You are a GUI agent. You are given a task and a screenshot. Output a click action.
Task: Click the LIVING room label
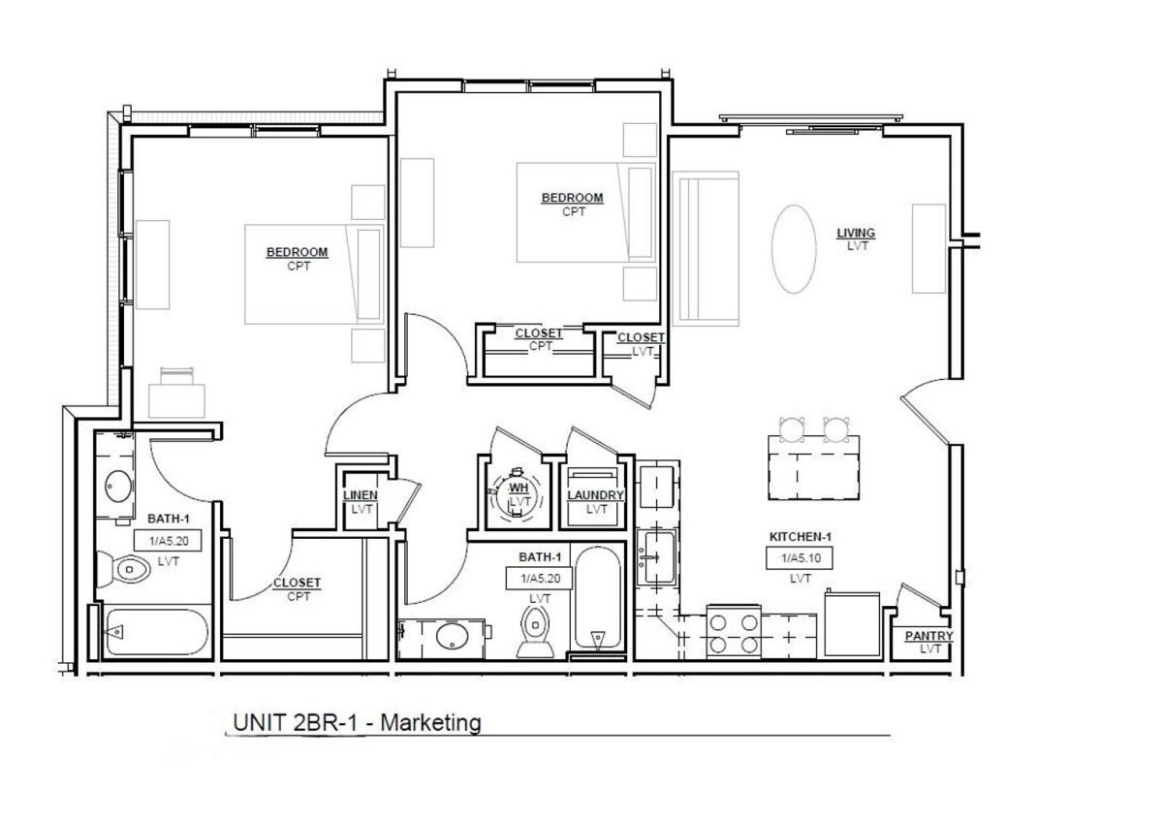click(856, 234)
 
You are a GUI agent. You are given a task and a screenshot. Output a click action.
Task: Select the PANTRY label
click(928, 636)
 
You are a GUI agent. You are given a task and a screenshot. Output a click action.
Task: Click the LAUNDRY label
click(595, 495)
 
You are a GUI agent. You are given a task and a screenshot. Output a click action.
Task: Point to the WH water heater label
click(519, 488)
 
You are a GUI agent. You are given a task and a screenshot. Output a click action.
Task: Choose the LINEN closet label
click(361, 495)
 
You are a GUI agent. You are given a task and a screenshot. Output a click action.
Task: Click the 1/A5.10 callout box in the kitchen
click(800, 558)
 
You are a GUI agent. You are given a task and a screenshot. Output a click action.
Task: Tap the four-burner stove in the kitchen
click(734, 632)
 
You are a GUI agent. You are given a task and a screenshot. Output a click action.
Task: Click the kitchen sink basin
click(657, 556)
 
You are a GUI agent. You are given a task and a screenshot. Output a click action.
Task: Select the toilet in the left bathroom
click(124, 569)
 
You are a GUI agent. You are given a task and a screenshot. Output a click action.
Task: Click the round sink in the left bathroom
click(118, 486)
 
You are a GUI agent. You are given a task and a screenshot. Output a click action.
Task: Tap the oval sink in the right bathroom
click(453, 637)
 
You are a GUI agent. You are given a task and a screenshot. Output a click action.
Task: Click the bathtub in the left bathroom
click(157, 632)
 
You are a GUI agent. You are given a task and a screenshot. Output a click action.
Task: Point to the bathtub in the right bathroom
click(598, 597)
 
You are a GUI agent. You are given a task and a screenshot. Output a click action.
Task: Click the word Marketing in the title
click(431, 723)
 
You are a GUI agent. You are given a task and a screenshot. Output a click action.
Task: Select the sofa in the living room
click(706, 249)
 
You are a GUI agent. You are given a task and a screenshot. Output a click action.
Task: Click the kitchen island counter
click(813, 467)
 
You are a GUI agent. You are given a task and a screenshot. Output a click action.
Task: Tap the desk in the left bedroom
click(176, 400)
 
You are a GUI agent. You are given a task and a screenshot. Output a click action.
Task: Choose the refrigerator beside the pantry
click(852, 625)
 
